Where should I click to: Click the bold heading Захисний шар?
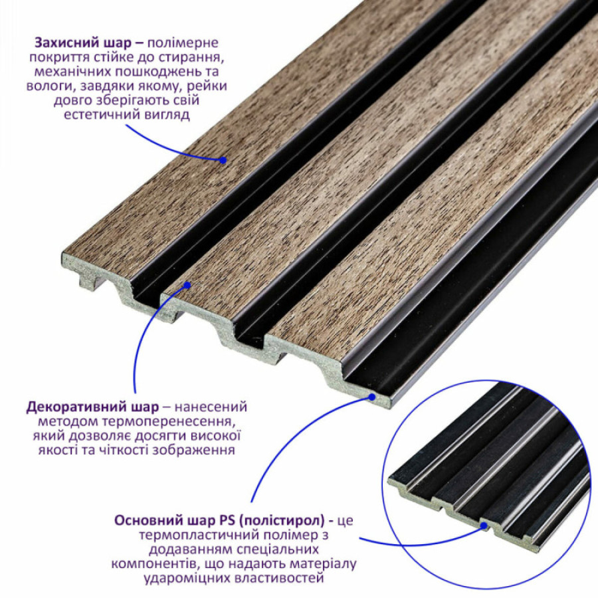[x=83, y=43]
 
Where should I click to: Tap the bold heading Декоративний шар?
[x=92, y=407]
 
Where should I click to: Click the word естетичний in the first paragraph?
[x=98, y=115]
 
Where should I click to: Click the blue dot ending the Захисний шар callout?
[x=223, y=159]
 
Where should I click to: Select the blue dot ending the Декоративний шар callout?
[x=187, y=285]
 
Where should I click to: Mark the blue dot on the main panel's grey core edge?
[x=372, y=397]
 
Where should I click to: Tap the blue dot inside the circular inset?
[x=484, y=526]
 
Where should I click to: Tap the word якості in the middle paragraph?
[x=57, y=450]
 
